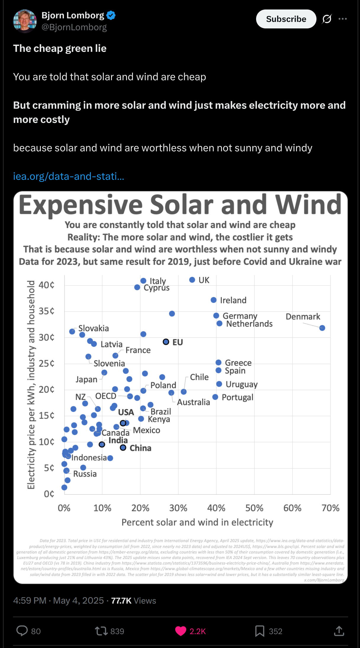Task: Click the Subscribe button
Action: pos(286,19)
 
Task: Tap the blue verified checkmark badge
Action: pos(111,15)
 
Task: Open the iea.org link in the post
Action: pos(69,176)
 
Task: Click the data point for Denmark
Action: pos(322,328)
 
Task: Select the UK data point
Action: pos(192,280)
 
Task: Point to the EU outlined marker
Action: pos(166,342)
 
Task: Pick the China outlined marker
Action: pos(123,447)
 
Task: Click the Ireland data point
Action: pos(213,300)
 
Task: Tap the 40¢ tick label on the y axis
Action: pos(46,285)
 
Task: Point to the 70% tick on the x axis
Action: pos(330,508)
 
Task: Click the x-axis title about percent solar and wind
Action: pos(197,522)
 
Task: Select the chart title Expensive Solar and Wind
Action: pos(180,205)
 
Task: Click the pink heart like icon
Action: pos(181,631)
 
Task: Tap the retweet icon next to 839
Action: pos(101,631)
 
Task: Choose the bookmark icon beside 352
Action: pos(260,631)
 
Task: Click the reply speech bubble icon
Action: pos(22,631)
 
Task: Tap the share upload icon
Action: pos(339,631)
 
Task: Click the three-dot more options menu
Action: pos(343,19)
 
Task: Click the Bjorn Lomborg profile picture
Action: pos(25,21)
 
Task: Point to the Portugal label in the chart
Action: pos(237,397)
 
